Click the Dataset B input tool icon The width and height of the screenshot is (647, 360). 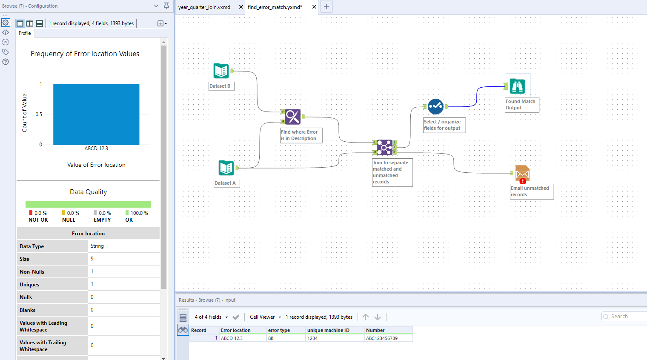(221, 71)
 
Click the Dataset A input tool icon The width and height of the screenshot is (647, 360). (226, 168)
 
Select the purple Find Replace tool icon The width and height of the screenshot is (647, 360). (293, 117)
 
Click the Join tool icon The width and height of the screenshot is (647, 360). (384, 147)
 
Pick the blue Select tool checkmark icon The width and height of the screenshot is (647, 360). (435, 106)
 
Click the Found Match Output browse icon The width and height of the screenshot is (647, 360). (517, 86)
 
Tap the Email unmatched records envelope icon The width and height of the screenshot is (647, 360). (522, 173)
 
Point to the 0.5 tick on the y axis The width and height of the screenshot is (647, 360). (39, 114)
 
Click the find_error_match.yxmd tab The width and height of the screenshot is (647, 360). (275, 7)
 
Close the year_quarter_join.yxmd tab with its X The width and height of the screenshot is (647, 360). (241, 7)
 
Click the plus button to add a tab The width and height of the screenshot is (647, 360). (326, 7)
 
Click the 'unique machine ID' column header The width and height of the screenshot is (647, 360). (328, 330)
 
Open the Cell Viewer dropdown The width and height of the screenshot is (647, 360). (265, 317)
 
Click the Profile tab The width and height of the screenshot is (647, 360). (25, 33)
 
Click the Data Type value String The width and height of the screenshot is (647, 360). (97, 246)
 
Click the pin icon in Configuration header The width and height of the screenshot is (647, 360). (166, 6)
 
